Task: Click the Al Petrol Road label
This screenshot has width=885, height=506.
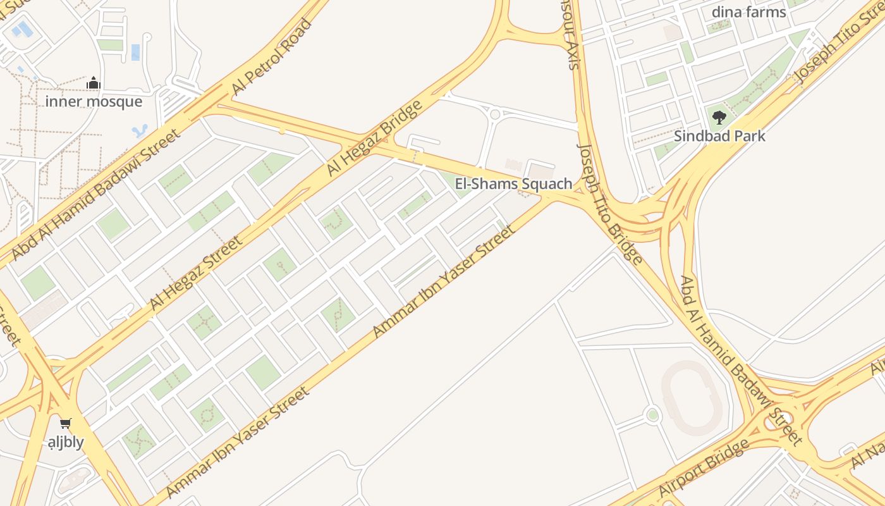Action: (272, 58)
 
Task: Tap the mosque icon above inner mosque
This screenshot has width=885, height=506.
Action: (94, 83)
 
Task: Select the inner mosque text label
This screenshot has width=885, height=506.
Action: (94, 101)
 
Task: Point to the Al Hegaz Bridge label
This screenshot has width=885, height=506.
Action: (374, 139)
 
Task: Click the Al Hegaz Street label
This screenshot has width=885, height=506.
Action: (195, 273)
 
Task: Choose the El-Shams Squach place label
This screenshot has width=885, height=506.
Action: (513, 184)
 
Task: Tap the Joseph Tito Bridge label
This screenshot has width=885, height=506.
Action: (610, 203)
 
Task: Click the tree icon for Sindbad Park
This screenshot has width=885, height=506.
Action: (719, 117)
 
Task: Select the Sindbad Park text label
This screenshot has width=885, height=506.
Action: (719, 136)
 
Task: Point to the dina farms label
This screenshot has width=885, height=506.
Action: (748, 12)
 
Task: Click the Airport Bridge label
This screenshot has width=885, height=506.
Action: (704, 467)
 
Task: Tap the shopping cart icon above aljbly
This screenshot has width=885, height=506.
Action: (65, 423)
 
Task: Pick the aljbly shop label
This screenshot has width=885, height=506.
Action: (66, 441)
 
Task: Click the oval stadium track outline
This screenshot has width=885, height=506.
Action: (692, 397)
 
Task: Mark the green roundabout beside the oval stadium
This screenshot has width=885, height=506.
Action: (652, 415)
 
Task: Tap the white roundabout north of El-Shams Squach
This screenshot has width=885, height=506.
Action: (495, 114)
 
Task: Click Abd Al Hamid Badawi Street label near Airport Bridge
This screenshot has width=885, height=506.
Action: (740, 361)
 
